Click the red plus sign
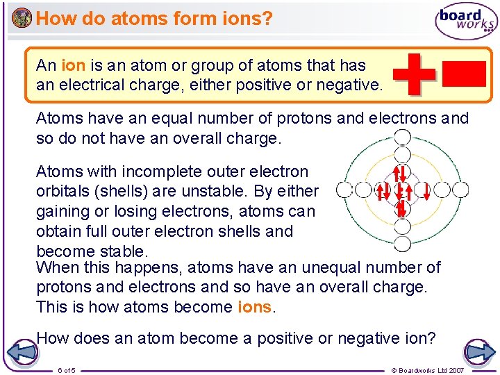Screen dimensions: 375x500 pyautogui.click(x=414, y=73)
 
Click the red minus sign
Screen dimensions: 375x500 pyautogui.click(x=463, y=74)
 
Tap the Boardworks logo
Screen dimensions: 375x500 pyautogui.click(x=466, y=22)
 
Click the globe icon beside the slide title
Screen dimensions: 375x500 pyautogui.click(x=22, y=17)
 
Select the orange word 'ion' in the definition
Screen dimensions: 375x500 pyautogui.click(x=74, y=66)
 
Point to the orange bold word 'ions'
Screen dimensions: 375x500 pyautogui.click(x=255, y=307)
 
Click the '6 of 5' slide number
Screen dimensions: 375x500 pyautogui.click(x=67, y=370)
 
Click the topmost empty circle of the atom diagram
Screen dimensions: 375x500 pyautogui.click(x=401, y=137)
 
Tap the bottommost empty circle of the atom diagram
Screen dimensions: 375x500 pyautogui.click(x=401, y=243)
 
